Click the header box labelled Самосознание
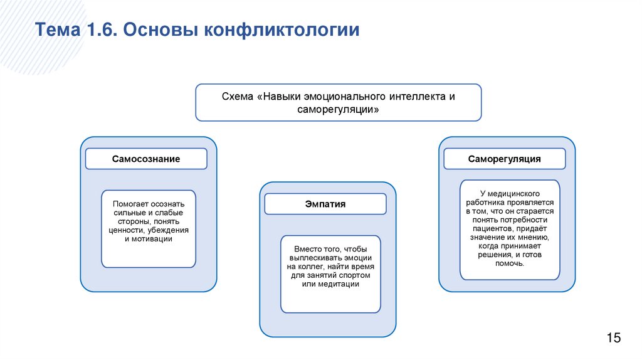click(146, 159)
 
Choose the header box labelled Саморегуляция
click(504, 159)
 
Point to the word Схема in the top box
click(238, 97)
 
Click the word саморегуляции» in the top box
click(338, 109)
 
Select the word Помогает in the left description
click(131, 204)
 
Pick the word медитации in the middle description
click(339, 284)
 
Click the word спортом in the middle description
click(354, 275)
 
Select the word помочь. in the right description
click(508, 264)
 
